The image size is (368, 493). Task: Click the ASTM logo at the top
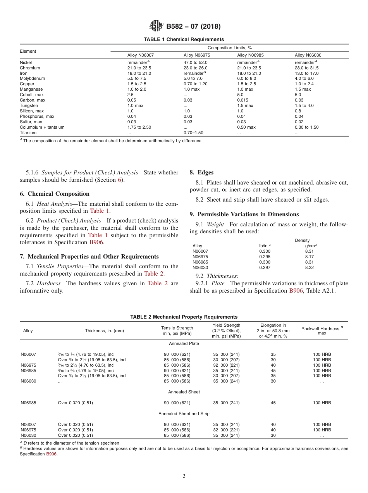tap(156, 26)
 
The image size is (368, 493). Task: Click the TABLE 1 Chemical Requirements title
tap(184, 40)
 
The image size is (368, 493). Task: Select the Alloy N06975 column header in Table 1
tap(197, 55)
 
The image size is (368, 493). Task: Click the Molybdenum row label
tap(33, 78)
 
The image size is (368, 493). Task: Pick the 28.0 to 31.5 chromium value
tap(307, 68)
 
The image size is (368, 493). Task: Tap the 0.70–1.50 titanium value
tap(193, 133)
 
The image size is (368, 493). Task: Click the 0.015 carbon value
tap(243, 100)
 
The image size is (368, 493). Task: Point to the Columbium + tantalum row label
tap(42, 127)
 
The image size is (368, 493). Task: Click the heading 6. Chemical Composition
tap(55, 194)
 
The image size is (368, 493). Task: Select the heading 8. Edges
tap(201, 172)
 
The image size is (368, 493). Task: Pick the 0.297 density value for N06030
tap(265, 267)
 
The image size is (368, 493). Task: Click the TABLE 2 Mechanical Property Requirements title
tap(184, 317)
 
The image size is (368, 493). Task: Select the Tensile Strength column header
tap(177, 331)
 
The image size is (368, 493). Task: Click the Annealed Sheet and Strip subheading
tap(184, 414)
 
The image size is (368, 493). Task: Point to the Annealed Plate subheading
tap(184, 343)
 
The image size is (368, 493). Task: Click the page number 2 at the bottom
tap(184, 476)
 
